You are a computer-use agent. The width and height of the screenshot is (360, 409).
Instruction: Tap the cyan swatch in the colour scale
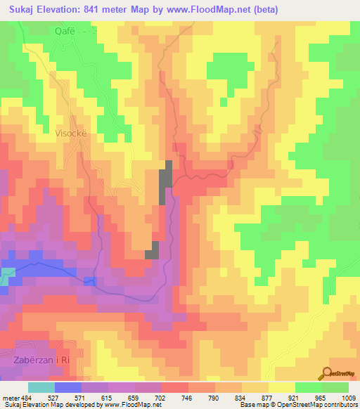click(x=41, y=387)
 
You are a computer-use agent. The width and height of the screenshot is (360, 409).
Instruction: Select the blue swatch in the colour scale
click(x=68, y=387)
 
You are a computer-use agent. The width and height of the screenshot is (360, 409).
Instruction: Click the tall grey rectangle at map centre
click(x=167, y=182)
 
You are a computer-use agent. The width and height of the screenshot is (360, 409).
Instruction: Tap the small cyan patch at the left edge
click(x=7, y=275)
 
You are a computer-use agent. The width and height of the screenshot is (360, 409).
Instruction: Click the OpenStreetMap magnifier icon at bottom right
click(x=328, y=374)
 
